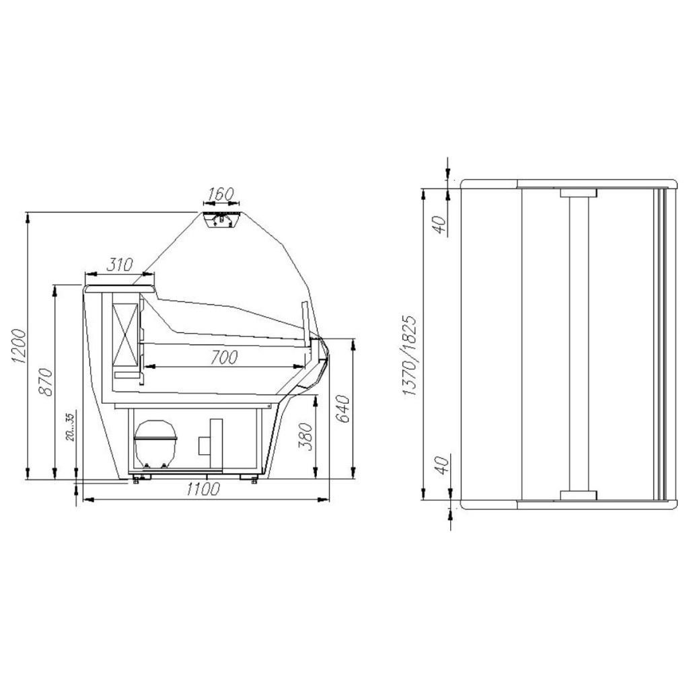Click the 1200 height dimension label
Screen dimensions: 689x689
[x=20, y=346]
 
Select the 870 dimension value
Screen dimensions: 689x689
[x=46, y=382]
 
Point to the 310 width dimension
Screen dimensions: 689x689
[x=120, y=264]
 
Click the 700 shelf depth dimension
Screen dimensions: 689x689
[x=223, y=358]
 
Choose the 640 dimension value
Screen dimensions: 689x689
[x=343, y=408]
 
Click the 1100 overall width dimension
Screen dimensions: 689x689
[x=203, y=489]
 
